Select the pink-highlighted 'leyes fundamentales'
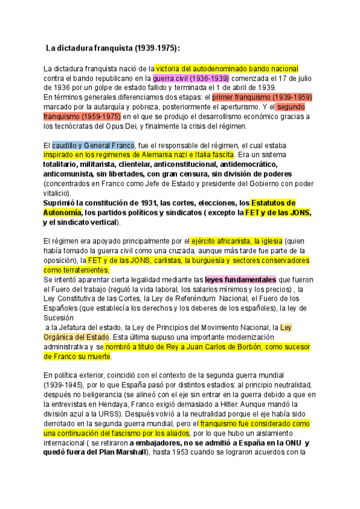240,280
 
